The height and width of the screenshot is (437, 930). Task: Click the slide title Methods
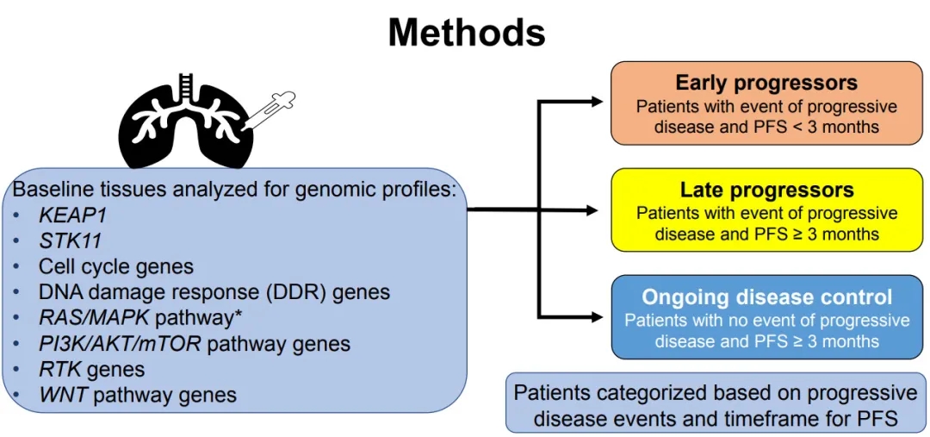(466, 33)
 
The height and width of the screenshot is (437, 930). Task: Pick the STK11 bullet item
(67, 240)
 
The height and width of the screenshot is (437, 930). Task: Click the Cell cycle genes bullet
(115, 266)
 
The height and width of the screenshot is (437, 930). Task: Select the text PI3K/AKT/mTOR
(120, 344)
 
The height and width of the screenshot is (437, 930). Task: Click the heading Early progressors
(766, 83)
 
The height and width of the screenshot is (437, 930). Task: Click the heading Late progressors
(766, 190)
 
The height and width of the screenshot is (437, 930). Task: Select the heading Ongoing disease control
(766, 298)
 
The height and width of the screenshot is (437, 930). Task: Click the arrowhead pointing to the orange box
(598, 102)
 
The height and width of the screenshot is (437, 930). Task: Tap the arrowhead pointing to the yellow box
(591, 209)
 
